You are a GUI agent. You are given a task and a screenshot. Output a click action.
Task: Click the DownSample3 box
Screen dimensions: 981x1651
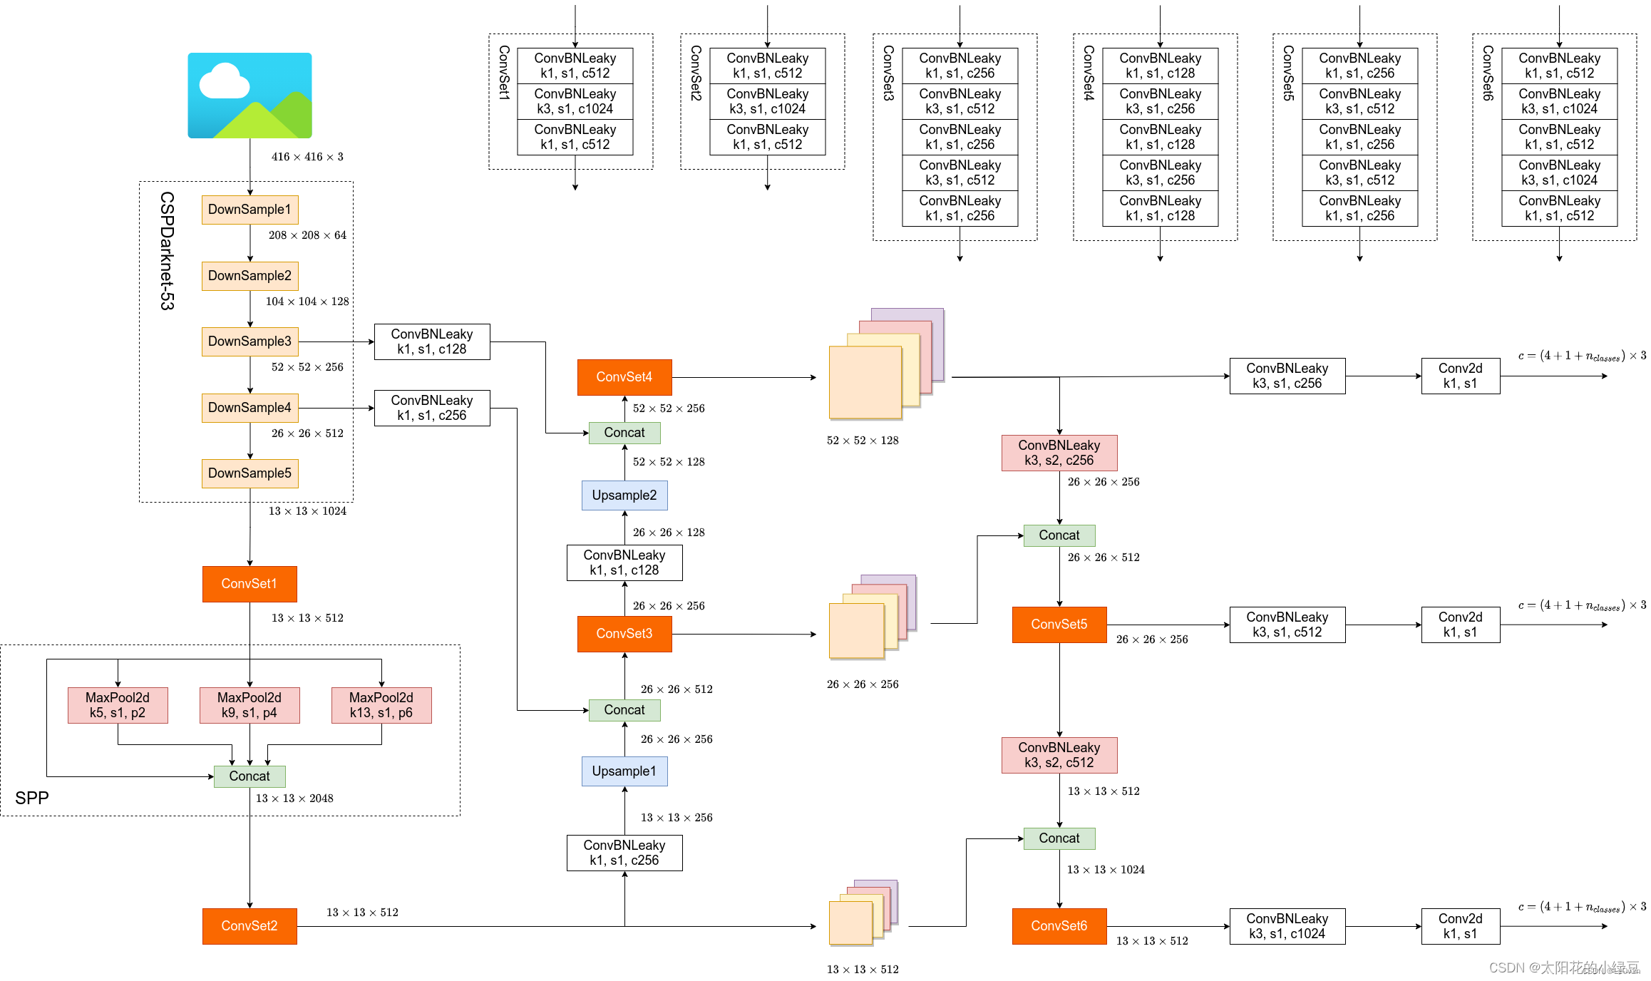point(250,341)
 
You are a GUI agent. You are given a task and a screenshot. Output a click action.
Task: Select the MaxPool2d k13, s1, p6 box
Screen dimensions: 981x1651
point(381,705)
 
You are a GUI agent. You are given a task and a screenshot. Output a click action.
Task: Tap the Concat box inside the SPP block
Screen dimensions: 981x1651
point(250,776)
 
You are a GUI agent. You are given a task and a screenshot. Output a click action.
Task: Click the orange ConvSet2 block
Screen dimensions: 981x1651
point(250,926)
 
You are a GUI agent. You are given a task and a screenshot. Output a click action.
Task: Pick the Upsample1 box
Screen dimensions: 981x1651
point(624,771)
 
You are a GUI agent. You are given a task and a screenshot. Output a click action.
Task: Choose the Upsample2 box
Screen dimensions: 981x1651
point(624,495)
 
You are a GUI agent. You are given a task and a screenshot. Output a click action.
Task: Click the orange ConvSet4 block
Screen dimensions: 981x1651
point(624,377)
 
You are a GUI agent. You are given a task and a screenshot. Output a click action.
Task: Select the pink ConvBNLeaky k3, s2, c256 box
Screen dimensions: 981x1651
point(1059,453)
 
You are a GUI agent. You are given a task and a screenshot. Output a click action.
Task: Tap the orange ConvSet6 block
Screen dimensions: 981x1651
point(1059,926)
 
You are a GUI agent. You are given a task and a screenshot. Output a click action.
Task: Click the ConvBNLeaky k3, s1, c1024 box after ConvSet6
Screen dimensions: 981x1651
point(1287,926)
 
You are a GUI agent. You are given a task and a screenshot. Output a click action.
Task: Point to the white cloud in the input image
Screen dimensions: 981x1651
point(225,82)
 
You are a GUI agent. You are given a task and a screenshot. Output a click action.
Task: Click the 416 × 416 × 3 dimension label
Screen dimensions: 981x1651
point(307,157)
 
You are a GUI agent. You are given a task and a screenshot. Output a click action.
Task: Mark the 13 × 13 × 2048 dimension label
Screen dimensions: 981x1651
point(294,798)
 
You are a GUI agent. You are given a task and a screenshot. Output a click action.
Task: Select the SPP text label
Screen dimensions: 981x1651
point(32,798)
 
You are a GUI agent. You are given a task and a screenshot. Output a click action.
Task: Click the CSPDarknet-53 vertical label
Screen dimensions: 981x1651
point(167,250)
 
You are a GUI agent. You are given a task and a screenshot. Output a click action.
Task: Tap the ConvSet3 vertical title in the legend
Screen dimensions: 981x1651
point(888,73)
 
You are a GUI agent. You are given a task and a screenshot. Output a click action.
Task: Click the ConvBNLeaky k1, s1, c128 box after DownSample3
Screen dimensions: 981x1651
point(432,341)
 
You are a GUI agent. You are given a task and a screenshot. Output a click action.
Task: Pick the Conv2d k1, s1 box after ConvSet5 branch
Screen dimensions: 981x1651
point(1461,625)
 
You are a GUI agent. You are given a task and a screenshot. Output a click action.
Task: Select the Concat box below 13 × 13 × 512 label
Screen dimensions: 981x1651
point(1059,838)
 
